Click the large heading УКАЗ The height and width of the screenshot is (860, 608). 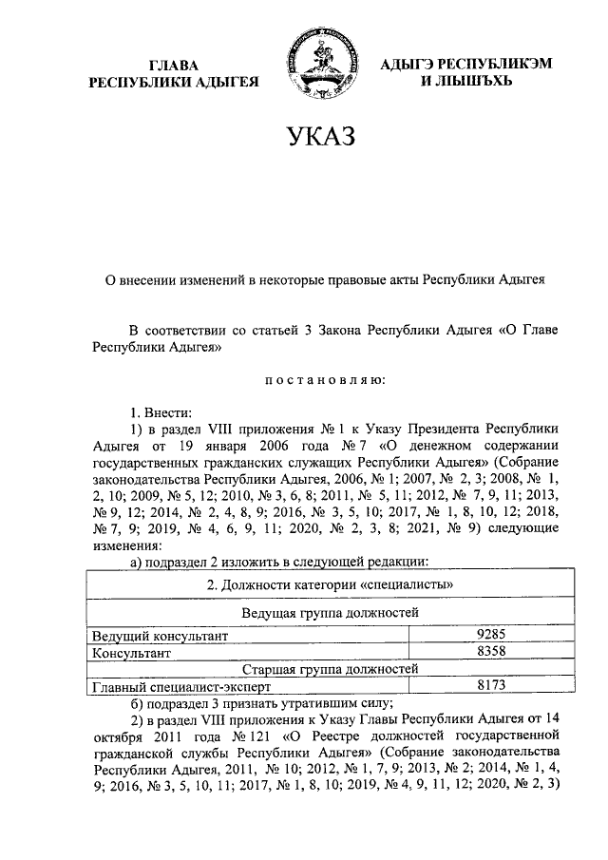coord(320,139)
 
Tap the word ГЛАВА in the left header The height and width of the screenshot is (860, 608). coord(175,65)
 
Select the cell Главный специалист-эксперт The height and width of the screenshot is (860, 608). coord(180,685)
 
